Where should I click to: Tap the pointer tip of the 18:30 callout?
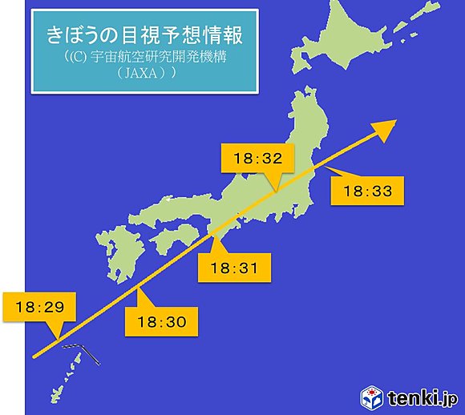tap(139, 290)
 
